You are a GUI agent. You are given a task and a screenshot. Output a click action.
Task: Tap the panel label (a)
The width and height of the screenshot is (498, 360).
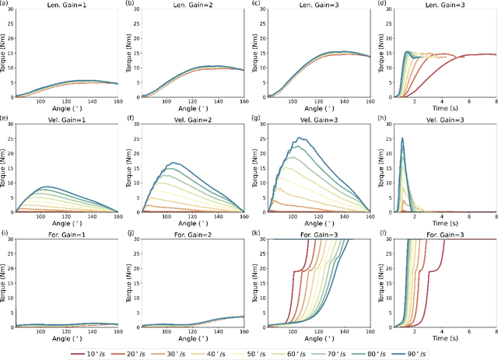pyautogui.click(x=5, y=4)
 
